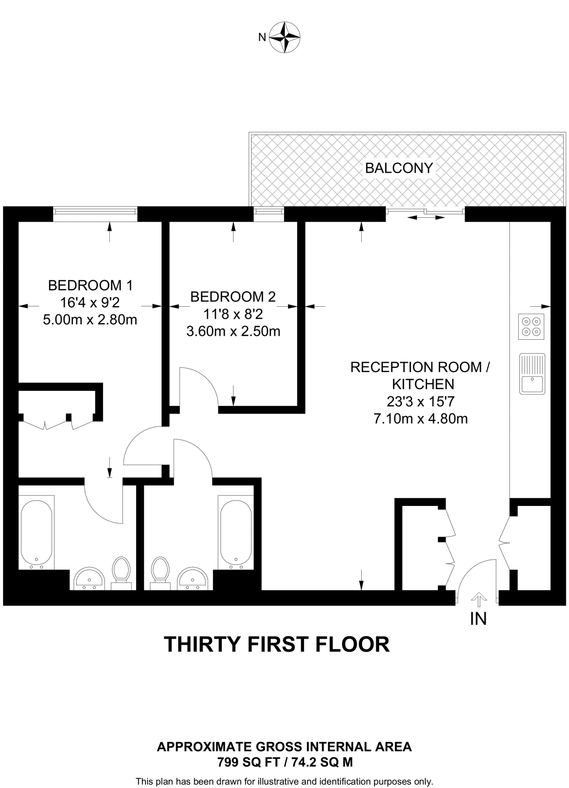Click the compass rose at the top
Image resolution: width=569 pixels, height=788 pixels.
(x=284, y=37)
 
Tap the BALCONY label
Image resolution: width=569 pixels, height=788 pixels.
(x=399, y=168)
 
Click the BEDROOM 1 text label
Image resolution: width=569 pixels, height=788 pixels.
(x=90, y=285)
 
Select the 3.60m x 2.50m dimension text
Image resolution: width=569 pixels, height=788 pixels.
(x=233, y=331)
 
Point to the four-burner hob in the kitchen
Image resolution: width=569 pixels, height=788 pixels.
(x=531, y=327)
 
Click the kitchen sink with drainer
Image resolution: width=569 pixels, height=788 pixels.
(x=532, y=373)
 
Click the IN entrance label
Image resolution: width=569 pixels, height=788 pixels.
(x=478, y=618)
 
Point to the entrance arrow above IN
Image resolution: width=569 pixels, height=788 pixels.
(x=479, y=598)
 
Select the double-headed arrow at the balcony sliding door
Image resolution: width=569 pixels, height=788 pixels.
(x=426, y=218)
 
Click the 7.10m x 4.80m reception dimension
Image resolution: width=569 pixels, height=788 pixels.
(x=420, y=419)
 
